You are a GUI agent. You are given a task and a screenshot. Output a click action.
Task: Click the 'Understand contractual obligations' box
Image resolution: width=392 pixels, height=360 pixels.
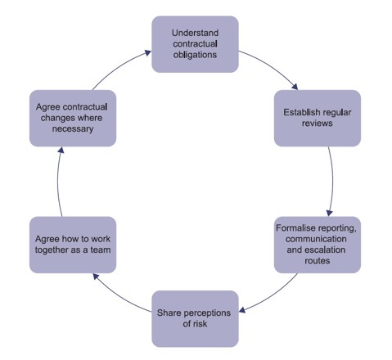pos(195,43)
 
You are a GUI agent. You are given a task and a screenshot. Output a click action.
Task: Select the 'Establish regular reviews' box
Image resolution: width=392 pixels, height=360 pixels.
pos(317,118)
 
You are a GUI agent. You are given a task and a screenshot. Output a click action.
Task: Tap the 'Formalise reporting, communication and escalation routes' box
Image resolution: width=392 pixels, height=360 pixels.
pos(317,244)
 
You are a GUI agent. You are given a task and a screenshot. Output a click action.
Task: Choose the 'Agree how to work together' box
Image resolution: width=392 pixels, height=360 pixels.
pos(69,244)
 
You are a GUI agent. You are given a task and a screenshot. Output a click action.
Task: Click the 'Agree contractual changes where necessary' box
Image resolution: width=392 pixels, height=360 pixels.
pos(69,118)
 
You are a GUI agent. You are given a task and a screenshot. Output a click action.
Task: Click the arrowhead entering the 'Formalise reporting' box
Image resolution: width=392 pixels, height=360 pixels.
pos(329,211)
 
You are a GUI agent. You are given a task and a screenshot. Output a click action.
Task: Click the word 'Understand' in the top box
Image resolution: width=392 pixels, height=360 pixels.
pos(195,33)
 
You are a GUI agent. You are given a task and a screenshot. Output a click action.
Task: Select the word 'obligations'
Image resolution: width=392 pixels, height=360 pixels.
pos(195,55)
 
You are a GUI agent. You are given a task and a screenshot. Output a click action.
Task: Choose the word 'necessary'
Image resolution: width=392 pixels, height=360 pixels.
pos(69,128)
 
